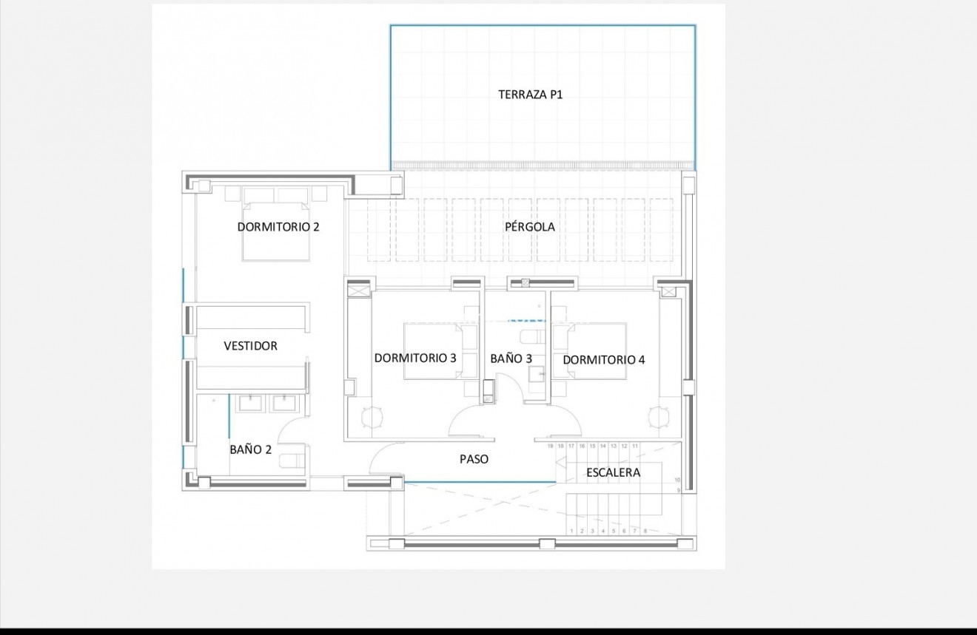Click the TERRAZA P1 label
(x=530, y=95)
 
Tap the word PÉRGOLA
(x=530, y=227)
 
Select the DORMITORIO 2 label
(x=278, y=227)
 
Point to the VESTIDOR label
(x=251, y=346)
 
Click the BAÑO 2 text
(x=250, y=449)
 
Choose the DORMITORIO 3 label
(x=415, y=359)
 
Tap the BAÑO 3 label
(x=511, y=359)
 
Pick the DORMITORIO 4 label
(x=604, y=360)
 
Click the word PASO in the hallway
(x=474, y=459)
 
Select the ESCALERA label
(x=613, y=472)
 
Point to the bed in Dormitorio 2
(x=276, y=230)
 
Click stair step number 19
(x=550, y=446)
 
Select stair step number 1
(x=571, y=531)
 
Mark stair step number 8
(x=645, y=531)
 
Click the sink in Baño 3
(x=534, y=371)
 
